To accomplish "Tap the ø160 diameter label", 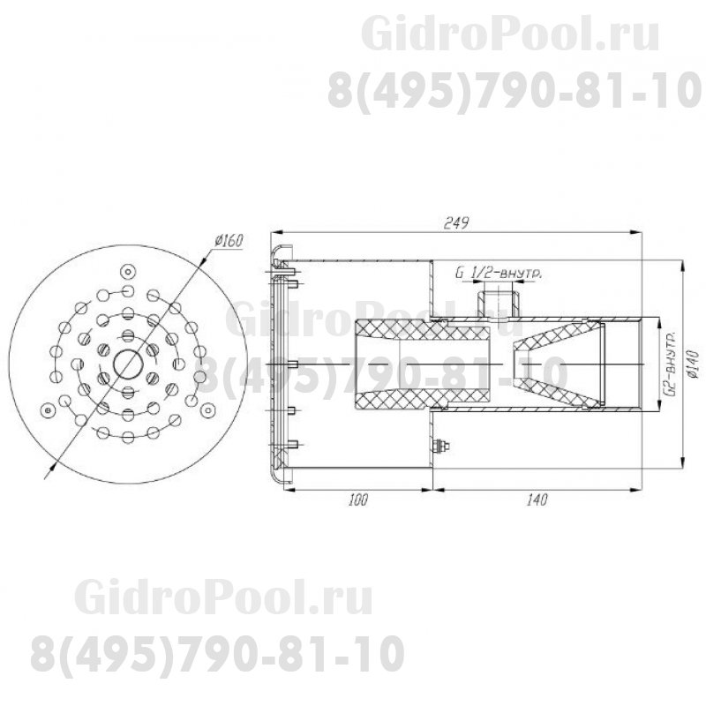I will pos(228,240).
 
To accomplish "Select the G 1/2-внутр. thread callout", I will pos(499,274).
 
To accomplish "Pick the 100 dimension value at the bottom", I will pos(357,500).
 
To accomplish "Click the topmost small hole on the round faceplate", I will pos(128,270).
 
